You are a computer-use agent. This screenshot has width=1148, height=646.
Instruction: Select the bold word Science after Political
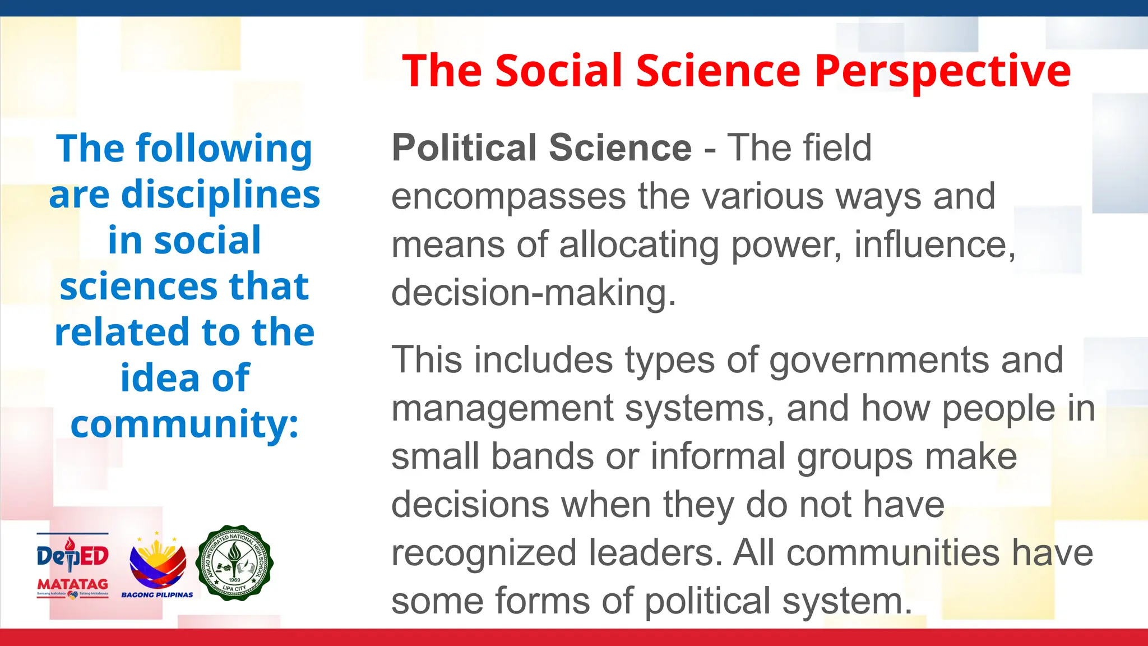pyautogui.click(x=620, y=147)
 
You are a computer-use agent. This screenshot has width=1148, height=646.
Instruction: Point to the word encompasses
pyautogui.click(x=508, y=197)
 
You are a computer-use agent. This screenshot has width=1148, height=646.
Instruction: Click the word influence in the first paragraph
pyautogui.click(x=934, y=245)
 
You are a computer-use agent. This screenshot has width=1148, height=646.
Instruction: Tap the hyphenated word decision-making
pyautogui.click(x=533, y=293)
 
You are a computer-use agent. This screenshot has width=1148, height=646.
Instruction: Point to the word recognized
pyautogui.click(x=483, y=553)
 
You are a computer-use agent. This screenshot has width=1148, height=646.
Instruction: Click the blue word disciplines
pyautogui.click(x=220, y=195)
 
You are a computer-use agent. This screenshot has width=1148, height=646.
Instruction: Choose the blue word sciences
pyautogui.click(x=137, y=287)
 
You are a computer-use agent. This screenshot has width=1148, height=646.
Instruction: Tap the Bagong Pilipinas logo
pyautogui.click(x=158, y=564)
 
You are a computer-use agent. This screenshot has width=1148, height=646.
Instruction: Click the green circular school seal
pyautogui.click(x=234, y=563)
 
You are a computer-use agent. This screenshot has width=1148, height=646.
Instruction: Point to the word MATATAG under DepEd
pyautogui.click(x=72, y=584)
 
